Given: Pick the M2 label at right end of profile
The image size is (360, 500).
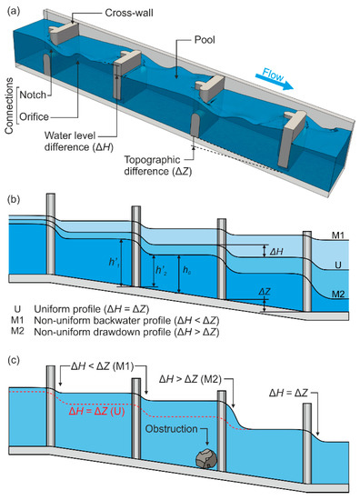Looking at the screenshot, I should click(338, 294).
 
